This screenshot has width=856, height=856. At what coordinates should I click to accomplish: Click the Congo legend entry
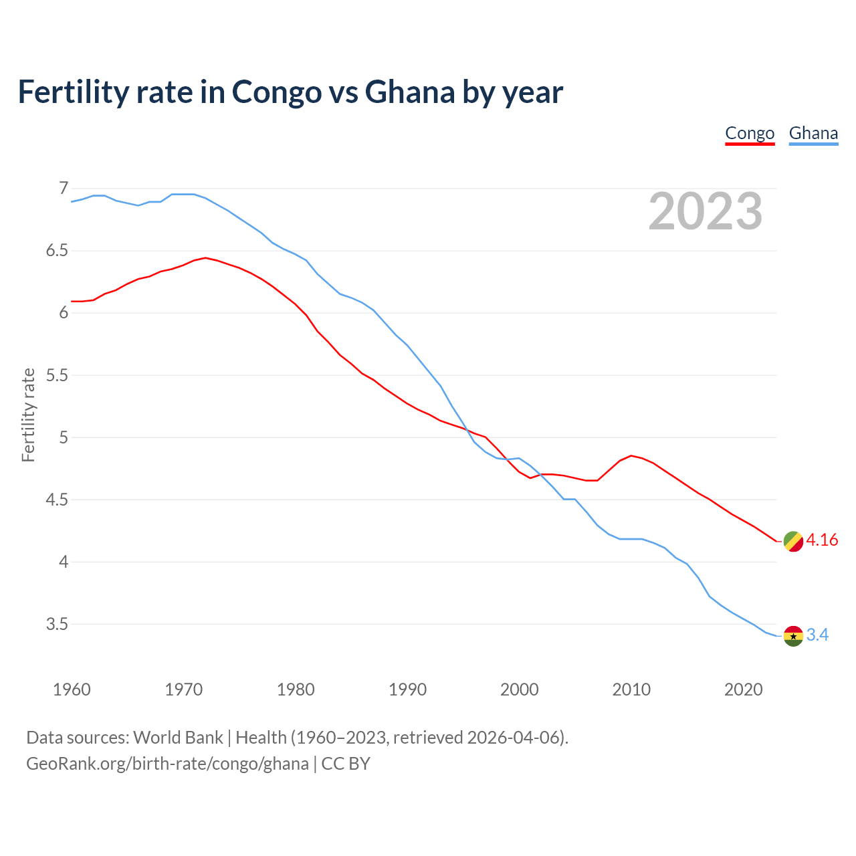750,133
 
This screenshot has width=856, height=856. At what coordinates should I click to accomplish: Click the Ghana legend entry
813,133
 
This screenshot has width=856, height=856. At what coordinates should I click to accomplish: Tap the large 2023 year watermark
706,211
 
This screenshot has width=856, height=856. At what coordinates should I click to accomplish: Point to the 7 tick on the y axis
64,189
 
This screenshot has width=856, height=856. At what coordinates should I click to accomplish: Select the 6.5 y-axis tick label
57,251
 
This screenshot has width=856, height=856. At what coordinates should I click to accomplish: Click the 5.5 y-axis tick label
57,375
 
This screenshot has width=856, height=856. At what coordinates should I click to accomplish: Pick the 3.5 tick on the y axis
57,624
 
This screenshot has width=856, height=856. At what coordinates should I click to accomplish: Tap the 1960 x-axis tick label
72,689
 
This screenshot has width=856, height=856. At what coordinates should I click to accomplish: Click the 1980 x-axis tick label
296,689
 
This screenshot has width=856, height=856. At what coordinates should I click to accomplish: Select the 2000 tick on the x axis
520,689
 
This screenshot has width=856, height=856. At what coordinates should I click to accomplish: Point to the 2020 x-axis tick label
743,689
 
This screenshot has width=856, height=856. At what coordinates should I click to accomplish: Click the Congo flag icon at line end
793,541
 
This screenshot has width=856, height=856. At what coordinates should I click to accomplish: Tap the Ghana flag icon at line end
793,635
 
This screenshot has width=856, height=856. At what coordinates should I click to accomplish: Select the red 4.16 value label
822,540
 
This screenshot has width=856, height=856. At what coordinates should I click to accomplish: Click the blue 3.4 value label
817,635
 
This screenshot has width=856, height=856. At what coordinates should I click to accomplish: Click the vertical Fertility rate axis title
28,415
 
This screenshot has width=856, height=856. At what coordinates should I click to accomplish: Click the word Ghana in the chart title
410,92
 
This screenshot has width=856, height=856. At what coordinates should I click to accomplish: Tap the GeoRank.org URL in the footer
167,764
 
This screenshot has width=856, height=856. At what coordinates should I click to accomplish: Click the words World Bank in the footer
178,738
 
